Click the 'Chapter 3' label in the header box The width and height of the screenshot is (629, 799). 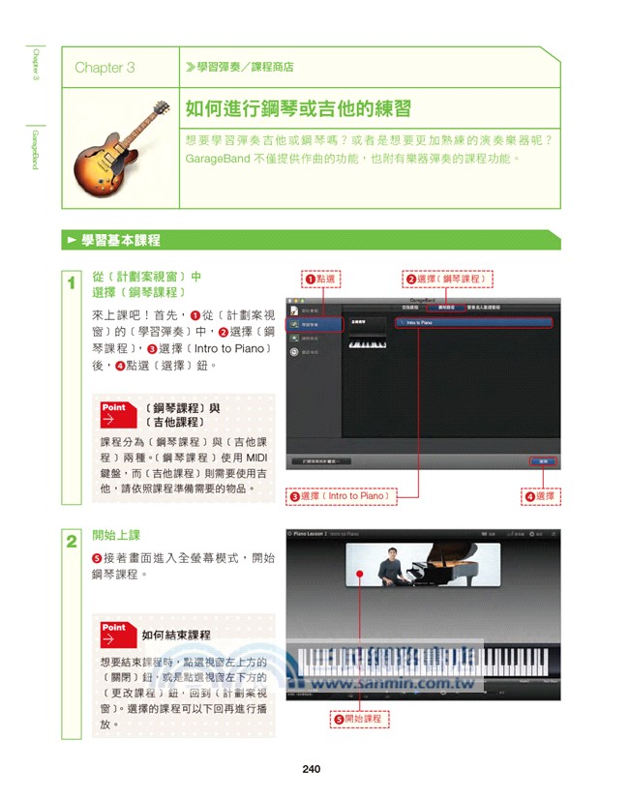[105, 68]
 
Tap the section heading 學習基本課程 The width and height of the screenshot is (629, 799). [121, 240]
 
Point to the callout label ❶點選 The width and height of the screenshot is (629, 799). [320, 280]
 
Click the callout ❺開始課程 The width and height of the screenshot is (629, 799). [358, 719]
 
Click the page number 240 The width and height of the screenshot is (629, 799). [311, 769]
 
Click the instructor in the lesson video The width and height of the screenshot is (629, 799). [391, 565]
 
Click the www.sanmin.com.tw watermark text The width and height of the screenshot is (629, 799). [393, 682]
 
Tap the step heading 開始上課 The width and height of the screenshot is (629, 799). [115, 535]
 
